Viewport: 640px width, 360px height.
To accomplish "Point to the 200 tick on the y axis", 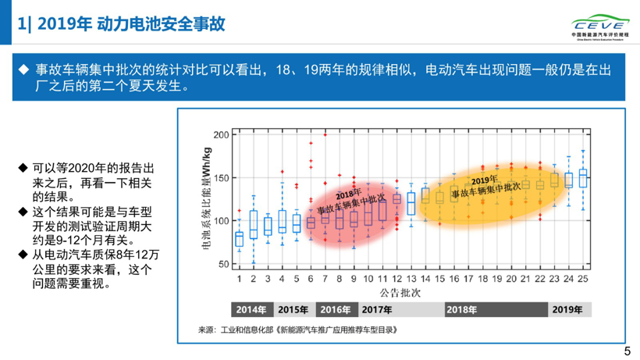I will click(222, 135).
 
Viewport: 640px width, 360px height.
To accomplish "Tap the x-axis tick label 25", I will click(582, 278).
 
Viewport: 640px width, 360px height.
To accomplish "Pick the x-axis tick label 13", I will click(411, 278).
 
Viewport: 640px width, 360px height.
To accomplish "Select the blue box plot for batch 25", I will click(582, 178).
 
